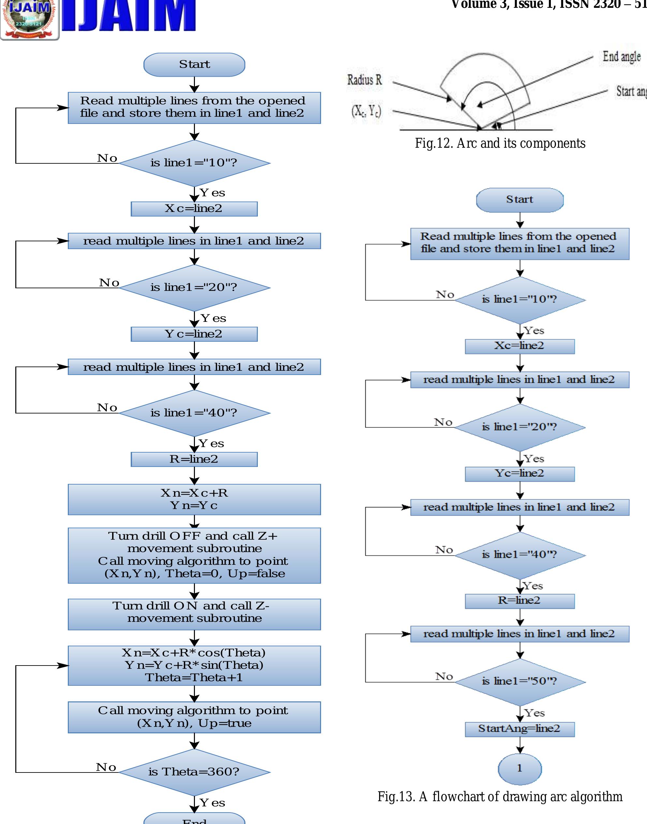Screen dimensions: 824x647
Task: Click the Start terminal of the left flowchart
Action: coord(194,65)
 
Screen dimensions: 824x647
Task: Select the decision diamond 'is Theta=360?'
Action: coord(194,772)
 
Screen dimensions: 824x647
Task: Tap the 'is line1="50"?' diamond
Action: coord(520,681)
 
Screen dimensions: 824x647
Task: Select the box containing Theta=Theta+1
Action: coord(194,665)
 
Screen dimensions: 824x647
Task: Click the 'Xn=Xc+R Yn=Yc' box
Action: coord(194,499)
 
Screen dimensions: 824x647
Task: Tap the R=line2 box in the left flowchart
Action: coord(194,459)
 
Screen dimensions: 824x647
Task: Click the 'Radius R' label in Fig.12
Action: coord(364,80)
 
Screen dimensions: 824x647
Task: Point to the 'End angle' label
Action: coord(621,56)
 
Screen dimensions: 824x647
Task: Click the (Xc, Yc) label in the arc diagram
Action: coord(366,111)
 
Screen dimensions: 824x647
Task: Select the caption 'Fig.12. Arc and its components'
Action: coord(500,143)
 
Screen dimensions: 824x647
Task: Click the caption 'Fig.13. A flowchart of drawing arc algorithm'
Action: coord(500,796)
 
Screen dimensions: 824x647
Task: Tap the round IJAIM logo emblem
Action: coord(30,19)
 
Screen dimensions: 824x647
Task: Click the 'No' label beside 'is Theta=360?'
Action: coord(106,767)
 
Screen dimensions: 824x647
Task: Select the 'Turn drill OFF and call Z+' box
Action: coord(194,555)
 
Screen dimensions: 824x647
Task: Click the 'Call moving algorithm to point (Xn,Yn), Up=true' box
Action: coord(194,717)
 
